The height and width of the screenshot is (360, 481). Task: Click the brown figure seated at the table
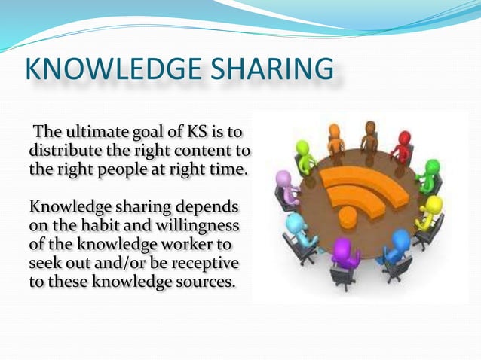pos(369,136)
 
